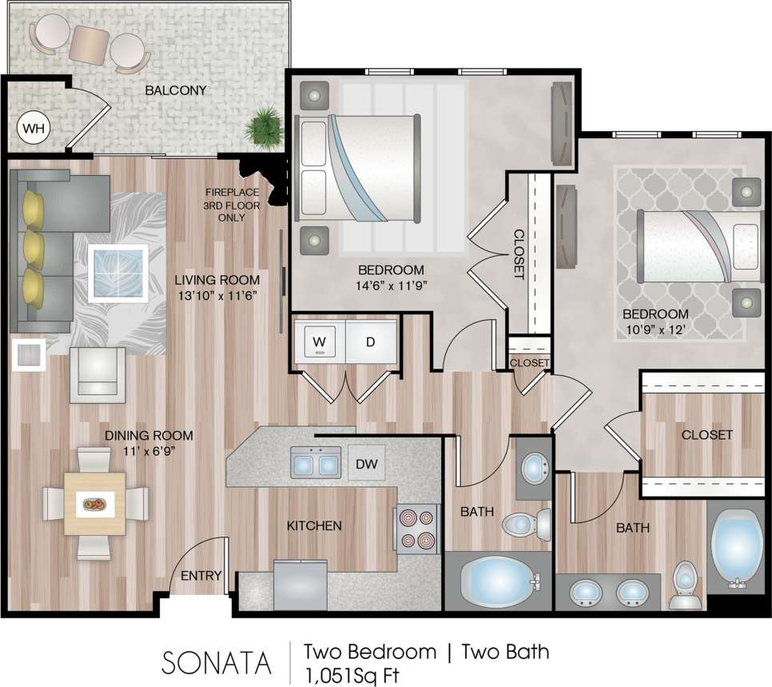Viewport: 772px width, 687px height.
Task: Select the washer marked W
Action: [320, 342]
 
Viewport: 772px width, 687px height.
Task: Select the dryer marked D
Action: [371, 342]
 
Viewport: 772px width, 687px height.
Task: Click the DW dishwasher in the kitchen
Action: [366, 464]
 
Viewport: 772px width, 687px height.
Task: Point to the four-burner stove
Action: [416, 529]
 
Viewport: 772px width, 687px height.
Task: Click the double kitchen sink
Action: [316, 462]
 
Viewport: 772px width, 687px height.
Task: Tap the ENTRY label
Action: [201, 576]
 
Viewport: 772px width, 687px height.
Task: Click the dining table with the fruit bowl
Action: [95, 504]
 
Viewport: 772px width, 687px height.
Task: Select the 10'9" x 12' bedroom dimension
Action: [655, 328]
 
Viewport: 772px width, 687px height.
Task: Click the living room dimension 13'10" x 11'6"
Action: [217, 294]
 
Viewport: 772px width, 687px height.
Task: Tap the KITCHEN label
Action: [315, 525]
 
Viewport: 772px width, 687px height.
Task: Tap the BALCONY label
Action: [176, 90]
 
